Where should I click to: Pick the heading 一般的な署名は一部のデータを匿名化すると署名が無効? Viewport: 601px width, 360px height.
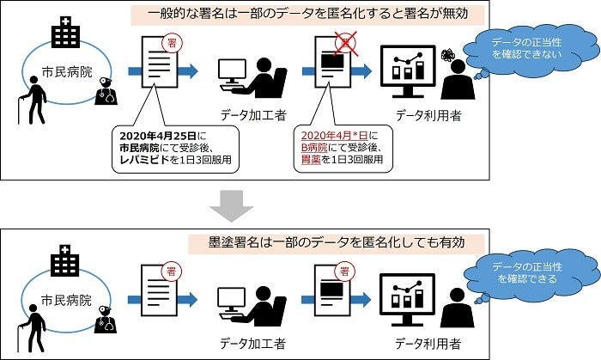307,15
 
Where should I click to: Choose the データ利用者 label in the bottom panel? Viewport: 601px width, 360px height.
425,343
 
